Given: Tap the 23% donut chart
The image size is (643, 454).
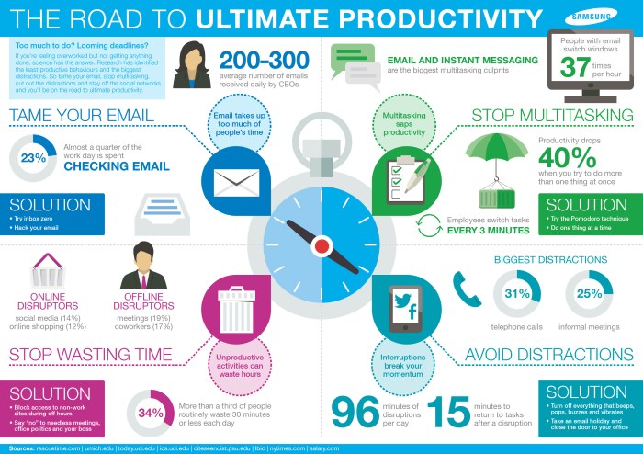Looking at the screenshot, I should pos(33,158).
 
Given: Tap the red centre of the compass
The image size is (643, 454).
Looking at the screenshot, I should pos(321,245).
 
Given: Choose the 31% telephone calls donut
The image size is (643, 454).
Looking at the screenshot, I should pos(517,293).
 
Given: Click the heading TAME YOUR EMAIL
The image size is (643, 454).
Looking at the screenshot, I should pos(87,116).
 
